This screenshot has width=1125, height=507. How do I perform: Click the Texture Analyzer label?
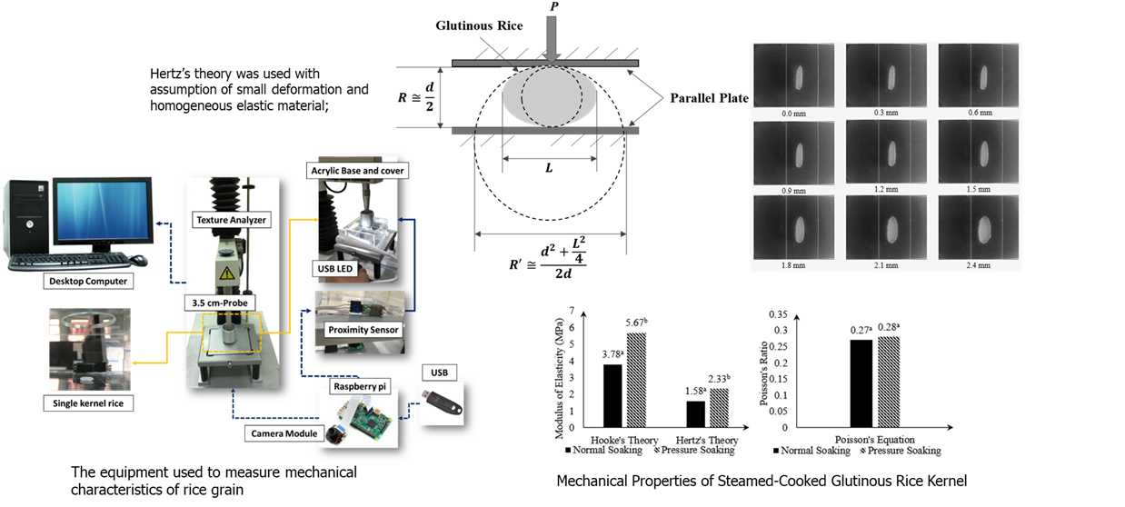[x=228, y=219]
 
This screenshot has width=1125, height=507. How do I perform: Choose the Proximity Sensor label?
[x=363, y=328]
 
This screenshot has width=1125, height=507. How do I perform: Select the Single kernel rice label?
[x=86, y=403]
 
